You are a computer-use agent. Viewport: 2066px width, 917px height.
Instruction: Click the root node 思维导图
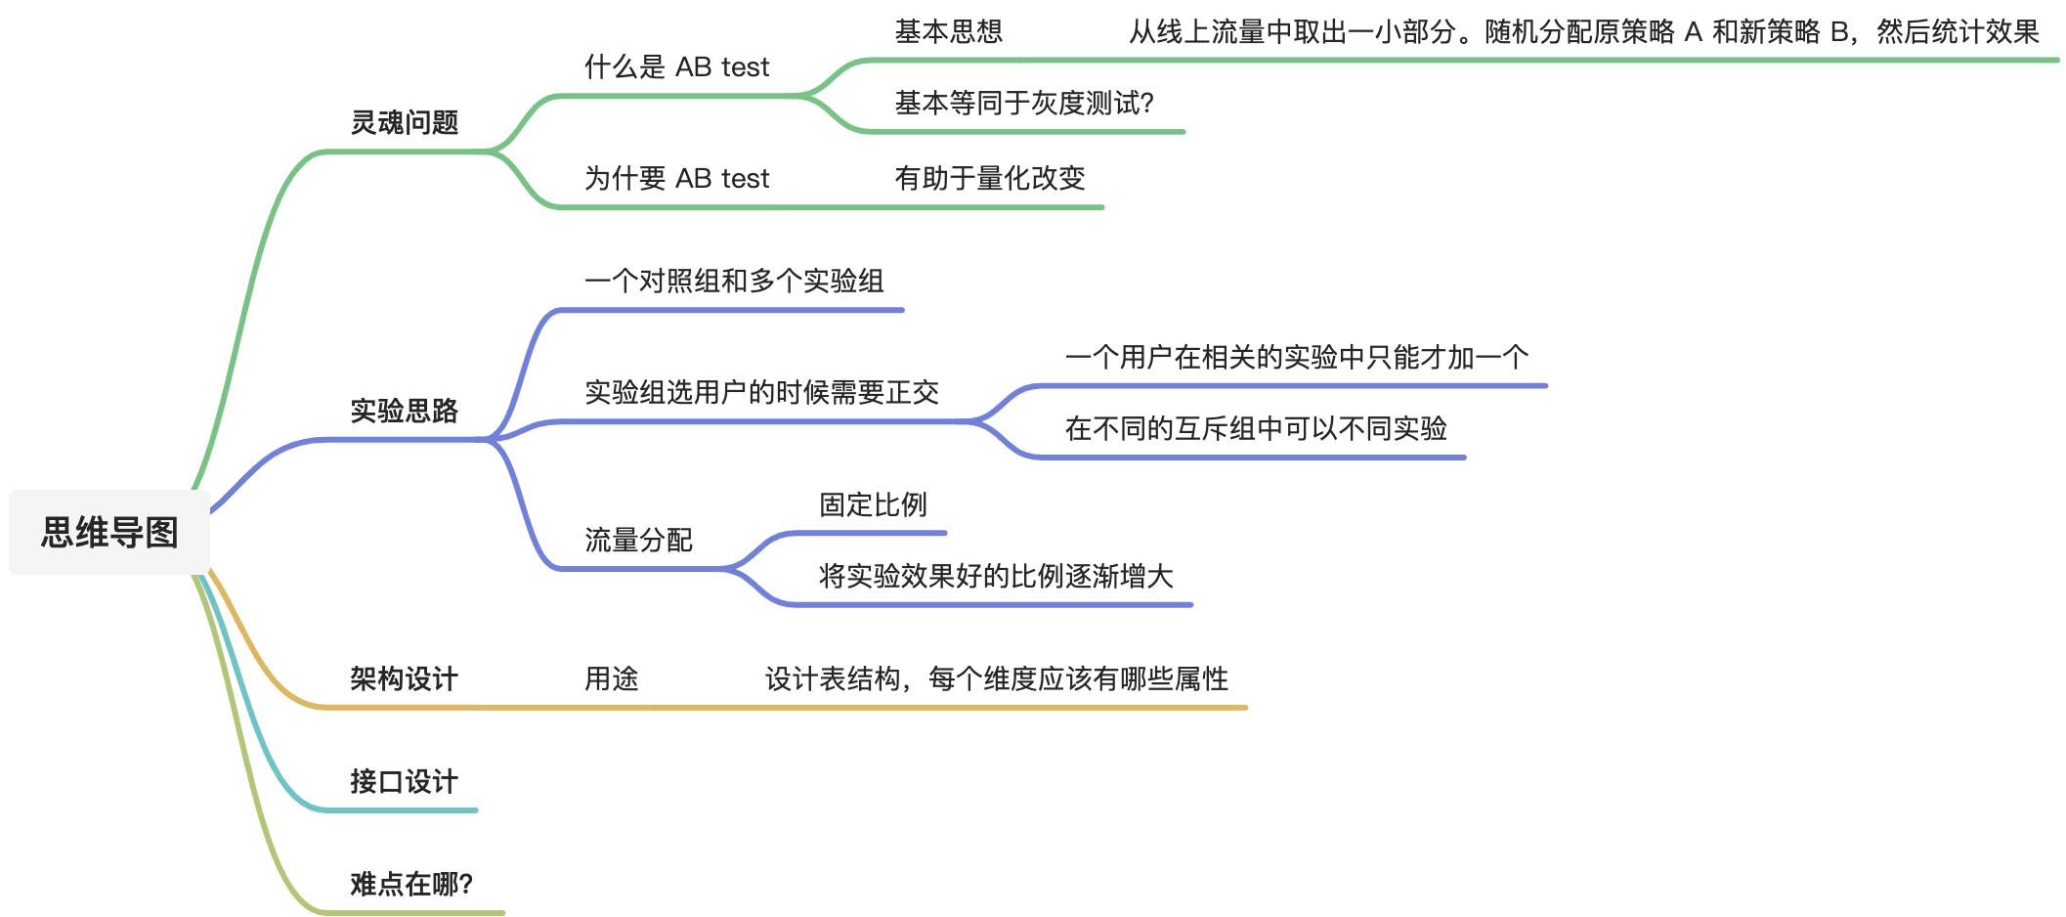109,533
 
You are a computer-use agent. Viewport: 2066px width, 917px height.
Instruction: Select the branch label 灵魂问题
404,122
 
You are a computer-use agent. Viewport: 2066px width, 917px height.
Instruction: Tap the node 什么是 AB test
676,66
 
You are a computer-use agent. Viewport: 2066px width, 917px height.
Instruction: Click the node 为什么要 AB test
676,178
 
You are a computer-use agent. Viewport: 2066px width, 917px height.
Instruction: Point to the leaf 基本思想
948,32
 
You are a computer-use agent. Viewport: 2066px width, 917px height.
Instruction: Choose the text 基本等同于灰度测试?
1024,103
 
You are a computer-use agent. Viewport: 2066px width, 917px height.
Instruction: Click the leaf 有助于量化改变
989,178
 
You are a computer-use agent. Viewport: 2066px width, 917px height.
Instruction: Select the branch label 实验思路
404,411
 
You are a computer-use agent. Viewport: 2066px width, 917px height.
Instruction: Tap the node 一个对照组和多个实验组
734,282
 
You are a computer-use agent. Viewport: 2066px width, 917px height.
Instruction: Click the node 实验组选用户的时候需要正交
761,392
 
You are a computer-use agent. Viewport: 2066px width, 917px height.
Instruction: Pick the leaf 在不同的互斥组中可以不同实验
1256,428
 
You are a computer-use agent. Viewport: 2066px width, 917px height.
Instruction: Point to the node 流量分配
638,540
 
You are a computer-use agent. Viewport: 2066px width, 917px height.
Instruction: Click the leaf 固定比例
873,504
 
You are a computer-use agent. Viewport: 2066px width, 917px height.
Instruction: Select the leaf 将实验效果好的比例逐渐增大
995,576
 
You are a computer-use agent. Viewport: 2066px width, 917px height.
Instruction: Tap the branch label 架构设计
404,678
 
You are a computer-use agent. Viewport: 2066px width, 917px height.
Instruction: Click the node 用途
611,678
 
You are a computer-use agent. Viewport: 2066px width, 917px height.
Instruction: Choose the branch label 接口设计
404,781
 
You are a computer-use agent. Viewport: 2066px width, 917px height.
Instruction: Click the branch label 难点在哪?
411,884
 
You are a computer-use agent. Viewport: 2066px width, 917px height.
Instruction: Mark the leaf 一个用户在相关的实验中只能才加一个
1296,357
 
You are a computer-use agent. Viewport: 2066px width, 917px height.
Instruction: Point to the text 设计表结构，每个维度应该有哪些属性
996,678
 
